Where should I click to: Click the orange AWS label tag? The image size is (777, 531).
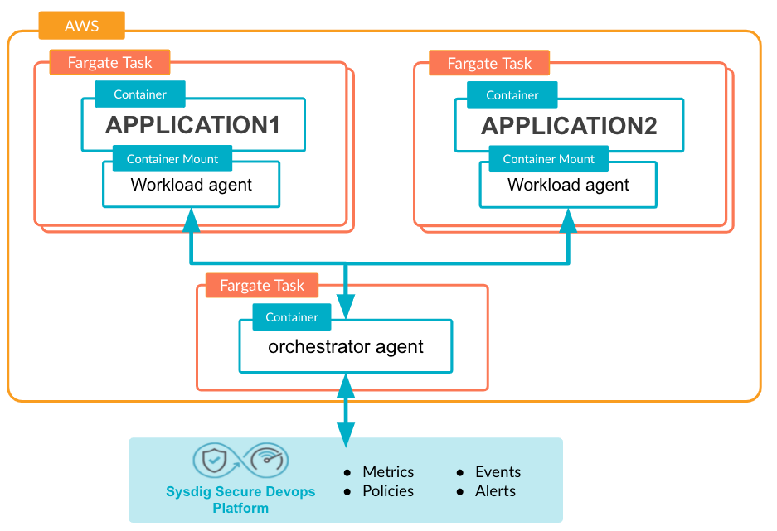click(x=82, y=25)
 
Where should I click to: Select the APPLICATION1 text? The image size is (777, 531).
click(x=192, y=125)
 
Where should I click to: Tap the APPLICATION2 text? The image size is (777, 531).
click(x=569, y=126)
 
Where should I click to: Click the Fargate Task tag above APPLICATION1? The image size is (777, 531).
click(x=110, y=62)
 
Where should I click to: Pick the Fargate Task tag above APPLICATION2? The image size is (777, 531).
click(x=489, y=63)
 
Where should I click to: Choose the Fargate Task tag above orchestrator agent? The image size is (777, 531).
click(x=262, y=285)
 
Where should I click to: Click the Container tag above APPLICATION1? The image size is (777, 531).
click(x=140, y=94)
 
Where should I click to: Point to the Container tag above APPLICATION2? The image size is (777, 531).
click(x=512, y=94)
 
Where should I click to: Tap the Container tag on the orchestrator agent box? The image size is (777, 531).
click(x=292, y=316)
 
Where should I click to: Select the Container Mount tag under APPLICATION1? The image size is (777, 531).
click(x=172, y=158)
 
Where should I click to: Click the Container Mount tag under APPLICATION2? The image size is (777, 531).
click(x=549, y=158)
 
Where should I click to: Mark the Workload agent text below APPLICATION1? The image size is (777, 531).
click(x=192, y=185)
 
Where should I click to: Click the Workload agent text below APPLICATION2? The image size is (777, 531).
click(x=568, y=185)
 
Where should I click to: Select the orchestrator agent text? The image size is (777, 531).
click(x=346, y=346)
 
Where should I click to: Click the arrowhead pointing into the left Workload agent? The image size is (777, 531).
click(x=192, y=220)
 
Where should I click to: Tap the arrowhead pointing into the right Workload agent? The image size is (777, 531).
click(x=568, y=220)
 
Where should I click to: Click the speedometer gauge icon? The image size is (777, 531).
click(x=268, y=459)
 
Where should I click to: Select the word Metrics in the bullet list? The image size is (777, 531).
click(x=388, y=471)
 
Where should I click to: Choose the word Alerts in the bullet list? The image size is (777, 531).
click(x=496, y=491)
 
